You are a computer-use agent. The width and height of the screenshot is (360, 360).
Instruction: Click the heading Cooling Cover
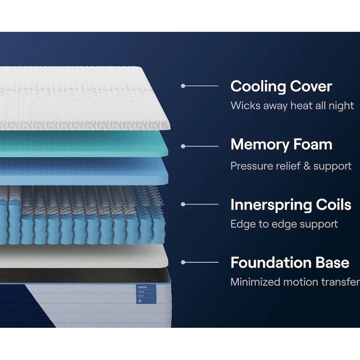(281, 86)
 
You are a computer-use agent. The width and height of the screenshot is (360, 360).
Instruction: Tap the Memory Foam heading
(281, 144)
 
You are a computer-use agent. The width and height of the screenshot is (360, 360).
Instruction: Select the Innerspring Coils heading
(291, 205)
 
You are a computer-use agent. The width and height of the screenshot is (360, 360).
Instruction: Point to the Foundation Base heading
(290, 263)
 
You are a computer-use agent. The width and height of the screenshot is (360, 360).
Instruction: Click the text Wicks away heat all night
(292, 106)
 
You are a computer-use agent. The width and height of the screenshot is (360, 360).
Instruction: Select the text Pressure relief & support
(291, 166)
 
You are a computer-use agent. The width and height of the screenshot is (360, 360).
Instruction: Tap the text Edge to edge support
(284, 224)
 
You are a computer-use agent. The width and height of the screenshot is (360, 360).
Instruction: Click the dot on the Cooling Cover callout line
(183, 86)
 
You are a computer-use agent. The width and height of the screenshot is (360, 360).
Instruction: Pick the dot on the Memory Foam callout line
(183, 146)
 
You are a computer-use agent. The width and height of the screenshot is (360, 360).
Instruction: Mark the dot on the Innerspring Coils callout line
(183, 204)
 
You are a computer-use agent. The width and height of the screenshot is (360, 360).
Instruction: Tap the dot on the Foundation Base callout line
(183, 262)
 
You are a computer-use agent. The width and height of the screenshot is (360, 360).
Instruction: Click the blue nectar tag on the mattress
(146, 294)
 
